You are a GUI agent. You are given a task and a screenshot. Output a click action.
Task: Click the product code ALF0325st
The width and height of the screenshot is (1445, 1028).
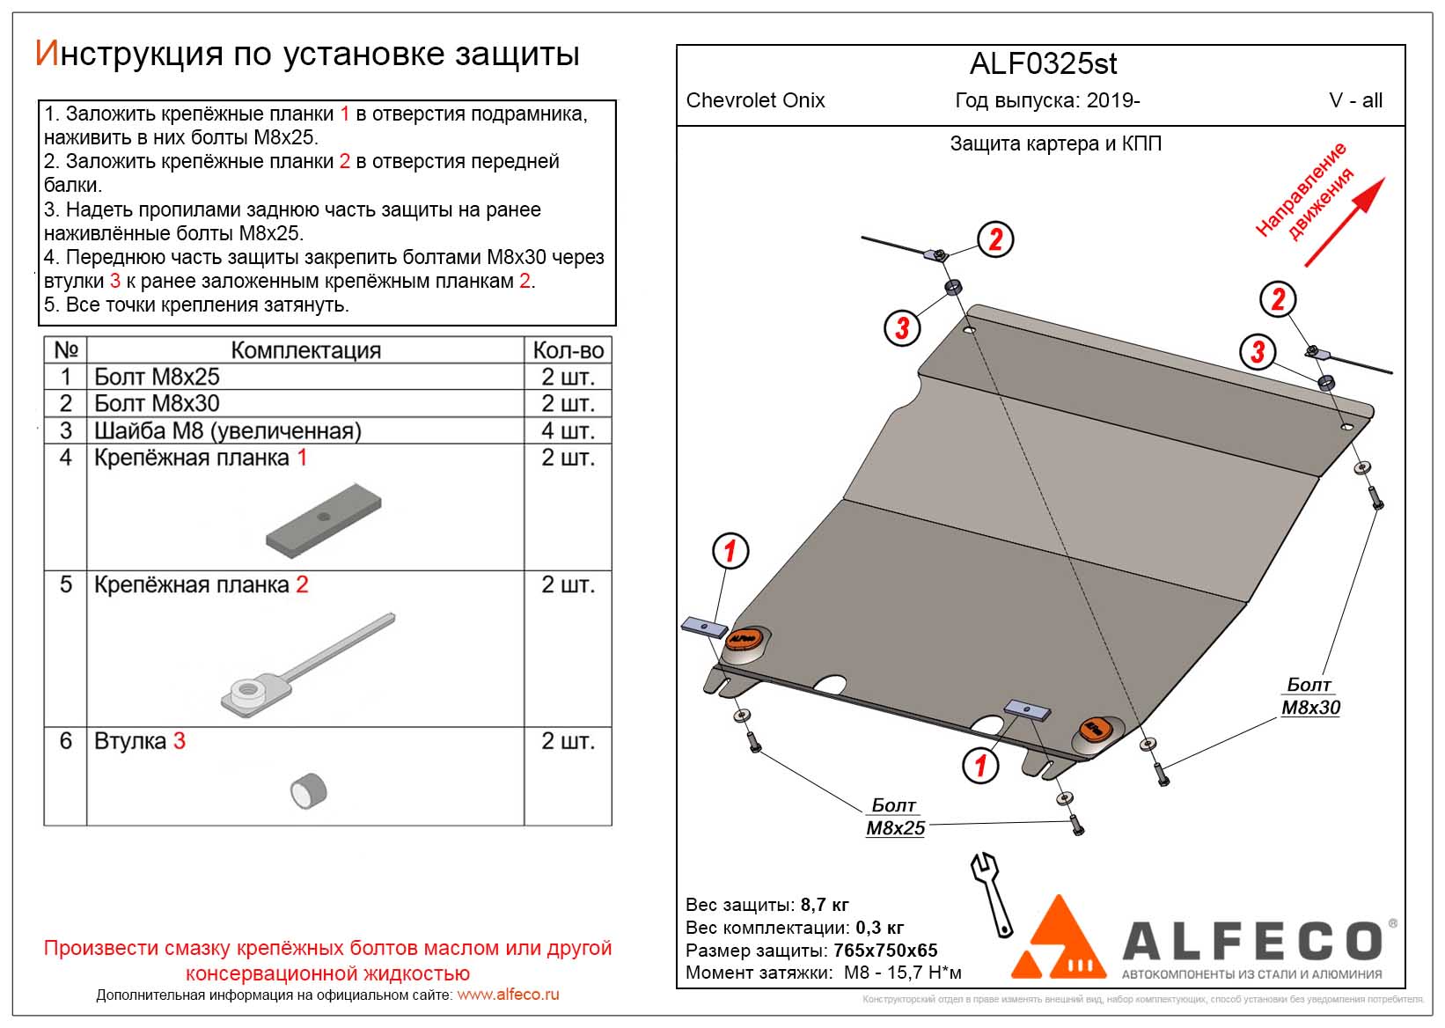pos(1043,64)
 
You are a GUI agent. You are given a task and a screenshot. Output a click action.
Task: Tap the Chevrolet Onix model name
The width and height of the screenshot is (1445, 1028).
pos(755,100)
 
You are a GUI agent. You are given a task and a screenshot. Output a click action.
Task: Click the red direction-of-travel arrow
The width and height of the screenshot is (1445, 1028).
pos(1344,222)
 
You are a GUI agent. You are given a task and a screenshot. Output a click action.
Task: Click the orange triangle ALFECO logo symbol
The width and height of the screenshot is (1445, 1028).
pos(1060,941)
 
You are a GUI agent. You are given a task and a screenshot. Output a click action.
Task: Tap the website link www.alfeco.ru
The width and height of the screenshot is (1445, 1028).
pos(508,995)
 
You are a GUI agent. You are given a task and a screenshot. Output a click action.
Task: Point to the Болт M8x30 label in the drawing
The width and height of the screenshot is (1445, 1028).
pos(1309,696)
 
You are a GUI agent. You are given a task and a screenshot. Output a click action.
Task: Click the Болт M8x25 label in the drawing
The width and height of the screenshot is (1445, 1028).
pos(894,817)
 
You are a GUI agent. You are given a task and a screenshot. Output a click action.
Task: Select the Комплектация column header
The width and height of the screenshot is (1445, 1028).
pos(305,350)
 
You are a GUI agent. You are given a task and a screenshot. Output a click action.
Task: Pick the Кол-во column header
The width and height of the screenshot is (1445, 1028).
pos(568,350)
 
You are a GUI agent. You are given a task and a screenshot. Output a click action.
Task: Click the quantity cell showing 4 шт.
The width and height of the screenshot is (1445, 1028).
pos(568,430)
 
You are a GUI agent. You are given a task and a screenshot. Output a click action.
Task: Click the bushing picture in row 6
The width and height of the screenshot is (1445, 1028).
pos(309,789)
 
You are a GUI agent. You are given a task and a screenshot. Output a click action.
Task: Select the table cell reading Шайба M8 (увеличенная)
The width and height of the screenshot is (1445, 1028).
pos(228,430)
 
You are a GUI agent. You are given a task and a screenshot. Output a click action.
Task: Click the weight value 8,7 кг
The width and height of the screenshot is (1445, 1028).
pos(825,905)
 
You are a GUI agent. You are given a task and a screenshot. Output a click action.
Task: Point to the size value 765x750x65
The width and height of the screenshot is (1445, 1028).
pos(885,951)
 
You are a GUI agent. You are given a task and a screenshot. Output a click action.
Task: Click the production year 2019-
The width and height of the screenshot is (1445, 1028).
pos(1113,100)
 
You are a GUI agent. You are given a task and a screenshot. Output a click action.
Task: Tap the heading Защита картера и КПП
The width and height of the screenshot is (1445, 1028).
pos(1055,143)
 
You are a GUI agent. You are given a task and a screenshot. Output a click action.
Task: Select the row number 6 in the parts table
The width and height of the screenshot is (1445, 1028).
pos(65,741)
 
